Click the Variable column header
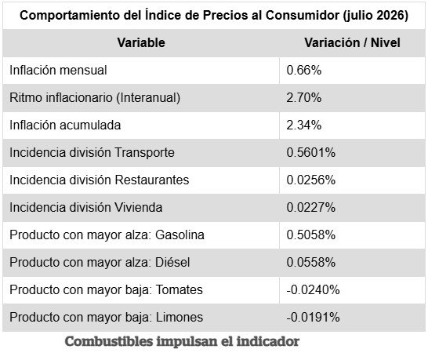tap(141, 43)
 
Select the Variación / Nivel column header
tap(353, 43)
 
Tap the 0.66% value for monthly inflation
tap(304, 71)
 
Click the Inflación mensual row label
tap(58, 71)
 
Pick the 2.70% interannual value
tap(304, 98)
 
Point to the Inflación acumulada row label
tap(65, 125)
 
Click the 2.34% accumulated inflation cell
tap(304, 125)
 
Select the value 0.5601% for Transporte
tap(311, 152)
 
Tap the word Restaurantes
tap(152, 180)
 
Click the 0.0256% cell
tap(311, 180)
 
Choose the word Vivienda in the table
tap(139, 207)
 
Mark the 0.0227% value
tap(311, 207)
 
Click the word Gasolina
tap(180, 235)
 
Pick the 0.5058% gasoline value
tap(311, 235)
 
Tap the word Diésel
tap(172, 262)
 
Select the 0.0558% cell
tap(311, 262)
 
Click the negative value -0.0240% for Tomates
tap(313, 289)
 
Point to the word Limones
tap(180, 317)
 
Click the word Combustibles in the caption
tap(109, 341)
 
